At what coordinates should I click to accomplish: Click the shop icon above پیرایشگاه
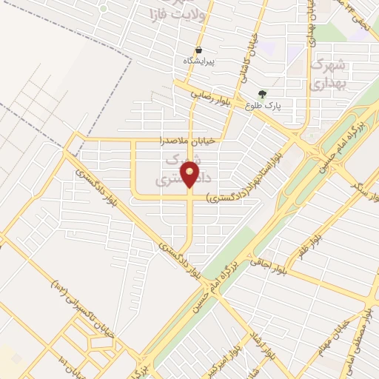pos(199,50)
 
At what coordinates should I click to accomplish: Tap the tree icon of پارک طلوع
pos(262,94)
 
